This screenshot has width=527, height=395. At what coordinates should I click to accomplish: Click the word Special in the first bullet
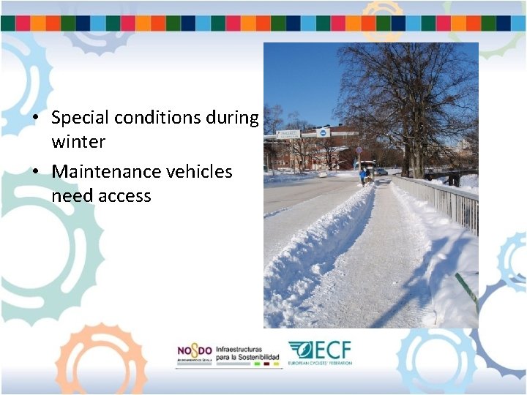tap(80, 118)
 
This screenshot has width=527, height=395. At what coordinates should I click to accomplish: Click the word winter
tap(78, 141)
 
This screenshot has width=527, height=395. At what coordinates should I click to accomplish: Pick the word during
tap(233, 118)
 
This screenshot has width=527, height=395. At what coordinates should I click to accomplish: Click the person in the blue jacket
tap(362, 176)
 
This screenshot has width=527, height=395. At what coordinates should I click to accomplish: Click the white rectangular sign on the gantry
tap(288, 134)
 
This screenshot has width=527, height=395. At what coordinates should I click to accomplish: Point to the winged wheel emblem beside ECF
tap(300, 350)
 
